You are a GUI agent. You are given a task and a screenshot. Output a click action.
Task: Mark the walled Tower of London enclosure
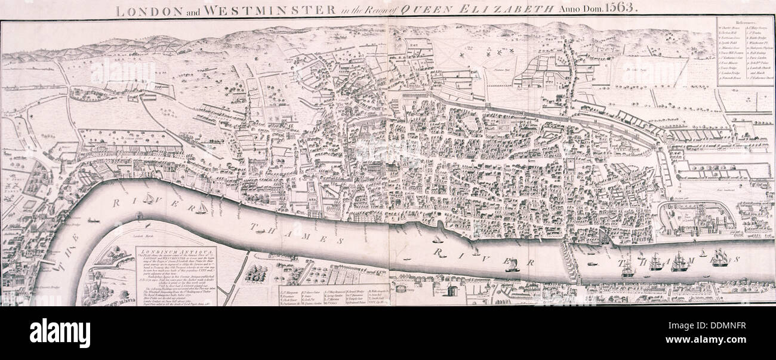pyautogui.click(x=696, y=219)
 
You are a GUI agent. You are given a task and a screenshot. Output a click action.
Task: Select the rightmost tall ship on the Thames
pyautogui.click(x=719, y=257)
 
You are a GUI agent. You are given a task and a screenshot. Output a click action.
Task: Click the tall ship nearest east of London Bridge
pyautogui.click(x=627, y=267)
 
